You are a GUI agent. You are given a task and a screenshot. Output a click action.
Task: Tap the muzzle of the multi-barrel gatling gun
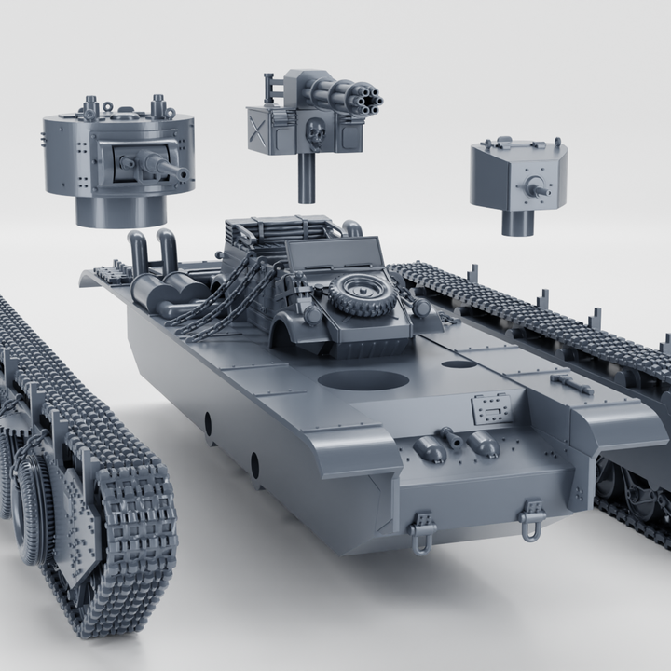(365, 97)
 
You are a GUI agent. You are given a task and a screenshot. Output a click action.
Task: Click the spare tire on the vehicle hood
(362, 294)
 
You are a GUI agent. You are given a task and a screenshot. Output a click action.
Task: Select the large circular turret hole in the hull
(363, 380)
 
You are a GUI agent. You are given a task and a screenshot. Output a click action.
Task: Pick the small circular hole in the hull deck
(458, 363)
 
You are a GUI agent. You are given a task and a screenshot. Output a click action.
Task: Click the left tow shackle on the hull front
(422, 531)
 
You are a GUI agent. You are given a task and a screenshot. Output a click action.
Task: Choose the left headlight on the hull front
(431, 452)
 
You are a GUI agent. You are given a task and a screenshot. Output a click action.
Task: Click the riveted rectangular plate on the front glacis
(491, 408)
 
